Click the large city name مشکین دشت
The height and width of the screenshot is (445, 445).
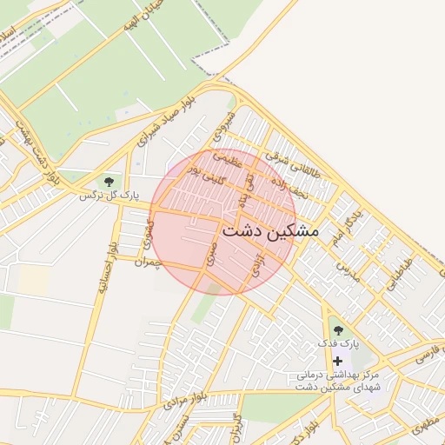pyautogui.click(x=270, y=232)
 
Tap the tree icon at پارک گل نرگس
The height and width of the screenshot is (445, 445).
pyautogui.click(x=109, y=182)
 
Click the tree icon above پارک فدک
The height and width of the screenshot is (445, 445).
pyautogui.click(x=337, y=330)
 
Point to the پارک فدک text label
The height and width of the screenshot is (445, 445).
pyautogui.click(x=337, y=345)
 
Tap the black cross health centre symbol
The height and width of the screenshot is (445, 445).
pyautogui.click(x=337, y=360)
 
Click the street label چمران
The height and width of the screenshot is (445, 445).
pyautogui.click(x=149, y=262)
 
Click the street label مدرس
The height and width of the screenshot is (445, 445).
pyautogui.click(x=348, y=269)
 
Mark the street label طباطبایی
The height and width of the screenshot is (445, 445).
pyautogui.click(x=394, y=271)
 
